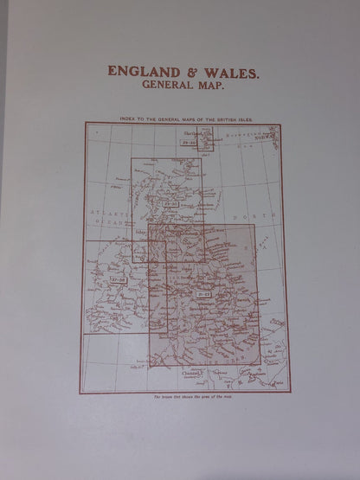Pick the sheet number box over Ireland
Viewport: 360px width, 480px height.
pyautogui.click(x=119, y=280)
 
